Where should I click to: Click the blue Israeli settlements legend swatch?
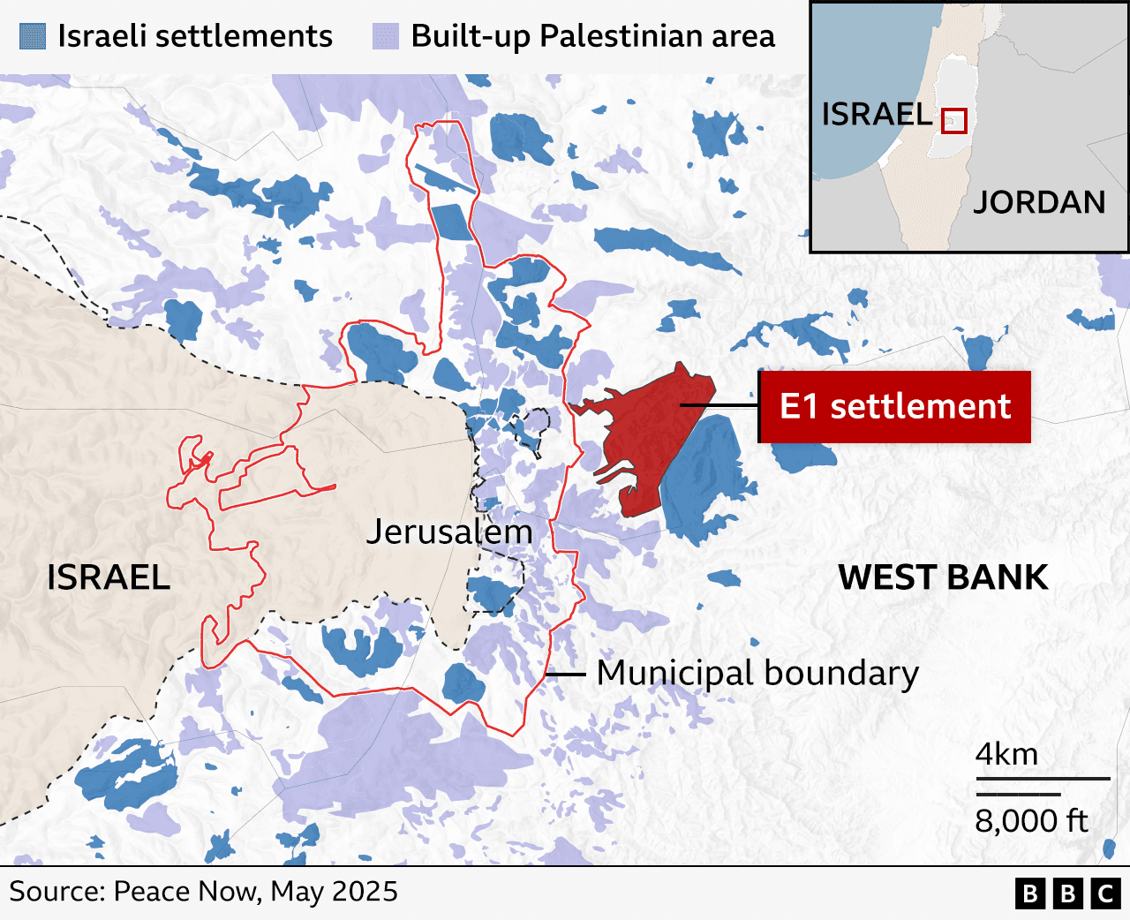click(32, 36)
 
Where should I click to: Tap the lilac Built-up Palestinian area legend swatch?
click(386, 36)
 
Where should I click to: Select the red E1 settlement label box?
click(894, 406)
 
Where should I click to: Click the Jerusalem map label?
click(449, 532)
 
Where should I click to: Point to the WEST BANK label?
click(943, 577)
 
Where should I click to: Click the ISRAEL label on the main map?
click(109, 577)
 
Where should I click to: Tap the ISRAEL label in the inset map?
click(877, 114)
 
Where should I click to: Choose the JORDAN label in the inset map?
click(1039, 202)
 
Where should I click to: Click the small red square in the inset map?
click(953, 121)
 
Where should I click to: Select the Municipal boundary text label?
click(757, 673)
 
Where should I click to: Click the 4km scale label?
click(1006, 755)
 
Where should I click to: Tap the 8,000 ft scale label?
click(1031, 821)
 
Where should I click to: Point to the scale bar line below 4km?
click(1043, 779)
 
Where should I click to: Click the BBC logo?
click(1067, 894)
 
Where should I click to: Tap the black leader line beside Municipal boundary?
click(566, 675)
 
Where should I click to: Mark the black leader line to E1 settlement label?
click(719, 406)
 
